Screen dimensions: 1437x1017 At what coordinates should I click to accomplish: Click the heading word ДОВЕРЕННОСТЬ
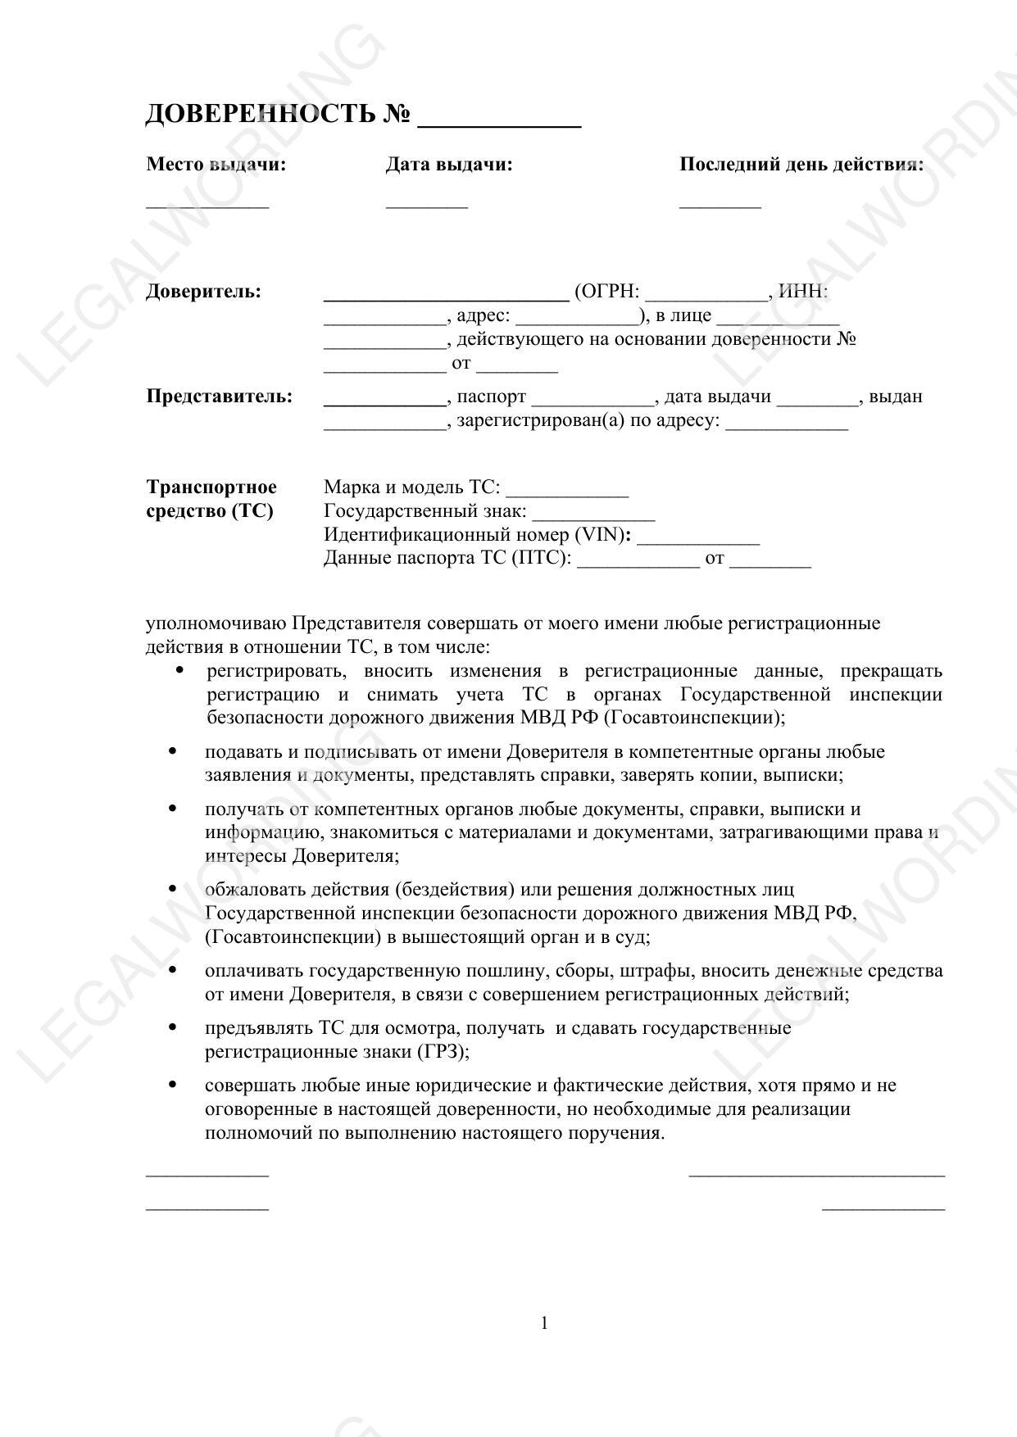tap(260, 114)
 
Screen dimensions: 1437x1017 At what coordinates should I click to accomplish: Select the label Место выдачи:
tap(216, 165)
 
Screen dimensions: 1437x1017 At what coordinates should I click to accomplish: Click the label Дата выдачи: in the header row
tap(449, 165)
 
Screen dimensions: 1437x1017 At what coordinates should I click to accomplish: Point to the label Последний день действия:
tap(801, 165)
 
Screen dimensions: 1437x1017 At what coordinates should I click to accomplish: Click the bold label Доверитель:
tap(203, 292)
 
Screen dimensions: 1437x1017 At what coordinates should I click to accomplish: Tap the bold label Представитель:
tap(219, 397)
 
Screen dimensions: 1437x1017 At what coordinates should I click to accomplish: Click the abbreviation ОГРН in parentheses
tap(607, 292)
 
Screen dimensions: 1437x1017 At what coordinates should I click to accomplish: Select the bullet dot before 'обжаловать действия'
tap(172, 889)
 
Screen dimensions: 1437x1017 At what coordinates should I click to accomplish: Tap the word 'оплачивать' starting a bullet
tap(254, 971)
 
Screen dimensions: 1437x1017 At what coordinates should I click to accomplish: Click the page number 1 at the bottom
tap(545, 1323)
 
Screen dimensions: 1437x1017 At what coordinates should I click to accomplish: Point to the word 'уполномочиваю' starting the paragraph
tap(216, 623)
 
